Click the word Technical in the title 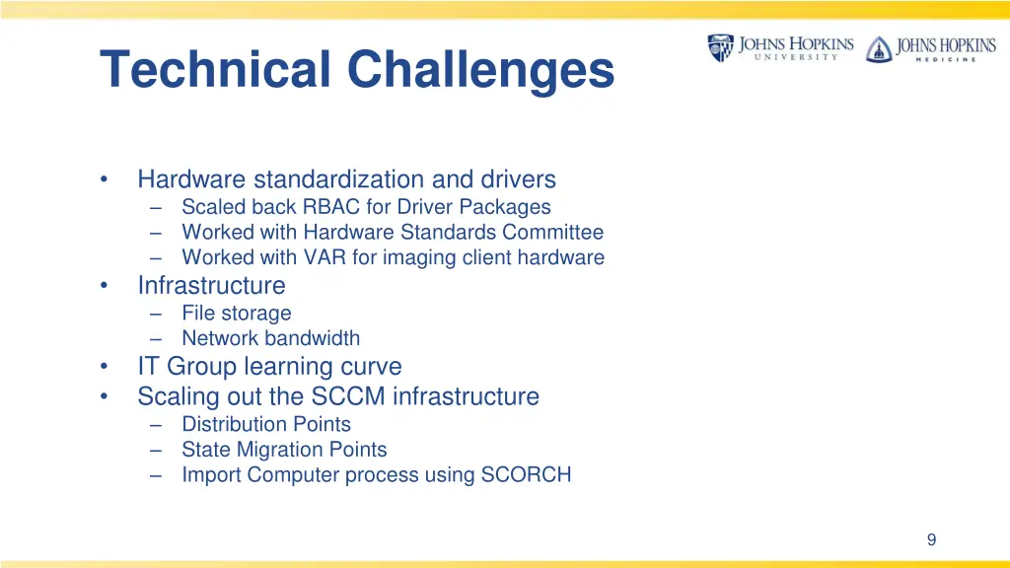(216, 70)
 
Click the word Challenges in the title (480, 70)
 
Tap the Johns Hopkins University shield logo (720, 47)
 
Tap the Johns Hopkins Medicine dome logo (878, 49)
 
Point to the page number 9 (931, 539)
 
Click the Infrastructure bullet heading (211, 286)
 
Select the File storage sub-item (237, 314)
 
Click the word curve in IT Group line (371, 367)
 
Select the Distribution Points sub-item (266, 424)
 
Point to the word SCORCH (526, 475)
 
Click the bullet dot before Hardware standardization (104, 180)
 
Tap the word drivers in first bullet (519, 179)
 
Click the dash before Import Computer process (158, 475)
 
